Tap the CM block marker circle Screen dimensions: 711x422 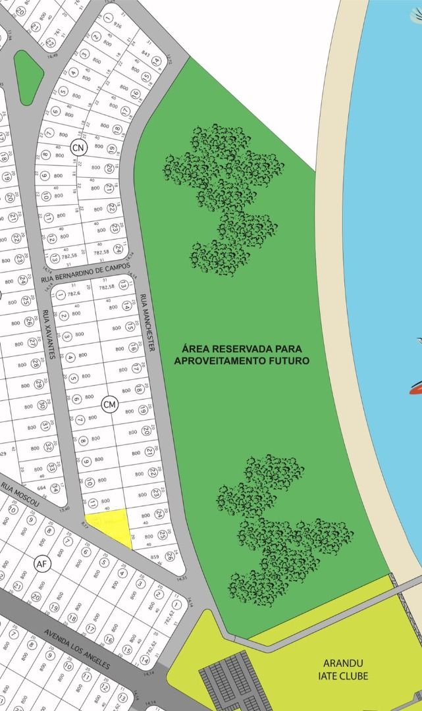(109, 404)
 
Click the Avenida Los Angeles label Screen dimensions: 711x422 (77, 650)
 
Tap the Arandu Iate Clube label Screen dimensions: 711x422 (346, 670)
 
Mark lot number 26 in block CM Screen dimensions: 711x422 (169, 556)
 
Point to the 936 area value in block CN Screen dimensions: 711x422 (118, 25)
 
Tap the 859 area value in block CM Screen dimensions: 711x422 (155, 557)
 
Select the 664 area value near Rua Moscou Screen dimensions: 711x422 (42, 488)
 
